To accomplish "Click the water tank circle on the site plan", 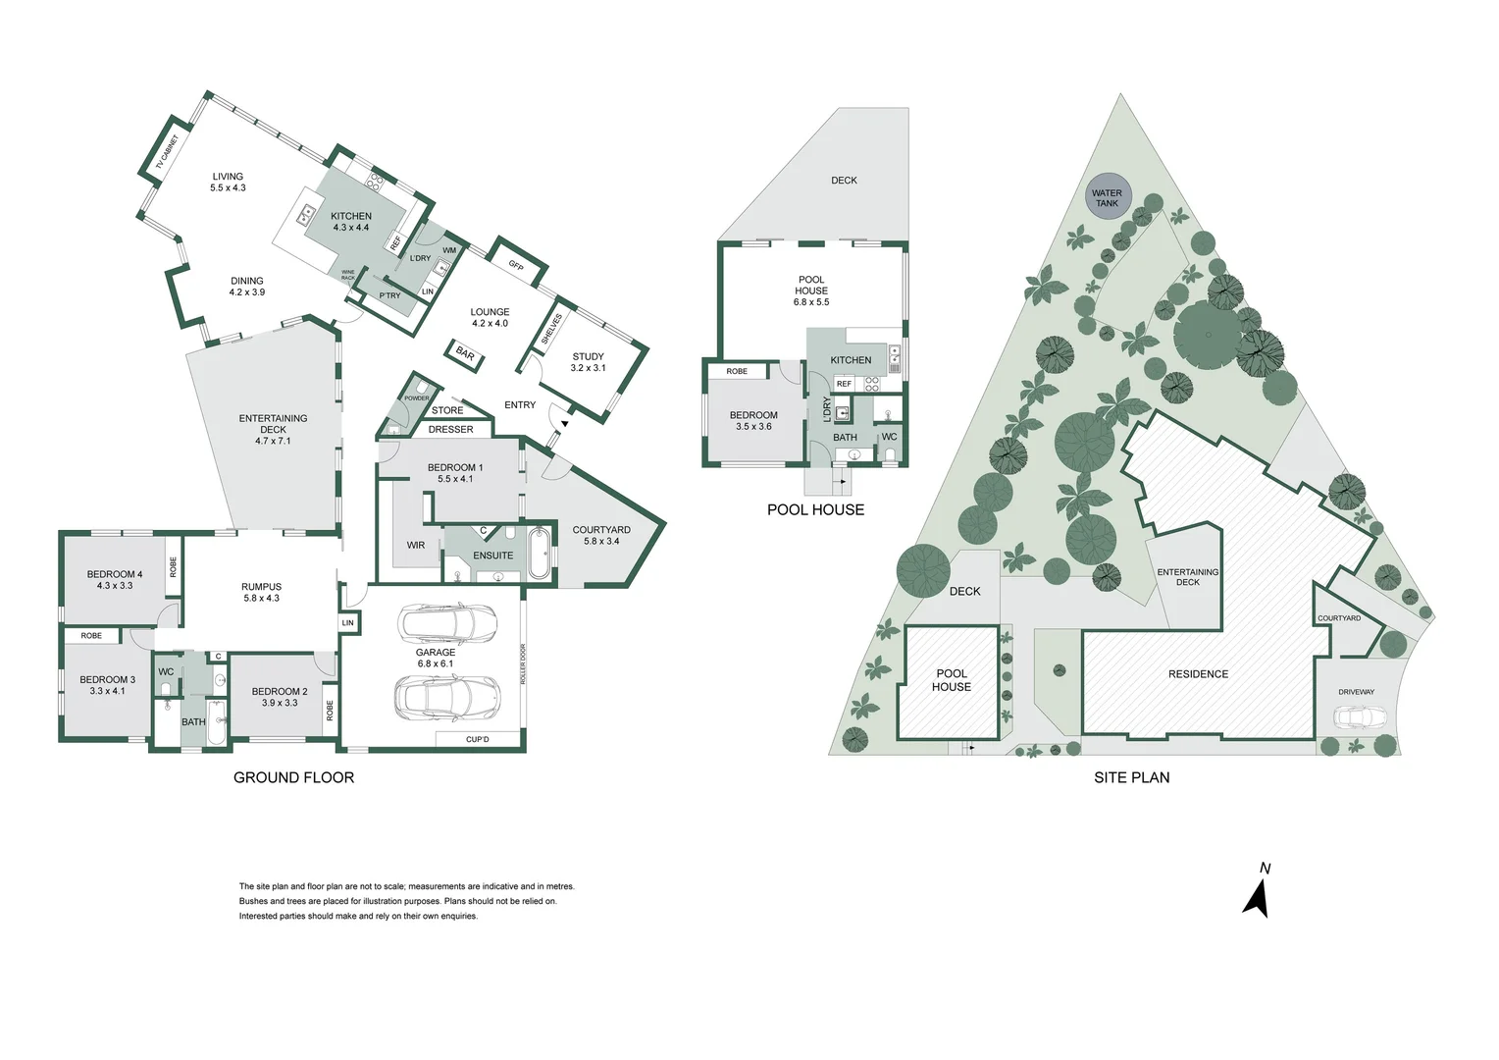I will click(1108, 197).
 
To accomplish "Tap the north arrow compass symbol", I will click(1257, 893).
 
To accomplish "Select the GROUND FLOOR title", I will click(293, 777).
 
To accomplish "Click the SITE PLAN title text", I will click(1131, 777).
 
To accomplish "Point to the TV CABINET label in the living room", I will click(168, 154).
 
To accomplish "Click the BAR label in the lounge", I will click(465, 354).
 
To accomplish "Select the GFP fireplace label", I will click(516, 266).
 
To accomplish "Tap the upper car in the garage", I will click(447, 622).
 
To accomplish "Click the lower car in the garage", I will click(447, 697).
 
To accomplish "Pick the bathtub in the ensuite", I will click(539, 555).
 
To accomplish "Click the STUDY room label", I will click(588, 362).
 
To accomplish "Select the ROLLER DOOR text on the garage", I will click(524, 664).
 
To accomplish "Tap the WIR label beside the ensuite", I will click(416, 545).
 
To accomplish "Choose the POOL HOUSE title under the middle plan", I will click(815, 509).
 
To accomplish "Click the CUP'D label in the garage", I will click(478, 739).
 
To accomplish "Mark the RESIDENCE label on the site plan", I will click(1198, 674).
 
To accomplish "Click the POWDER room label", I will click(416, 397).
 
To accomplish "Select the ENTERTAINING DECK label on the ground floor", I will click(273, 429).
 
